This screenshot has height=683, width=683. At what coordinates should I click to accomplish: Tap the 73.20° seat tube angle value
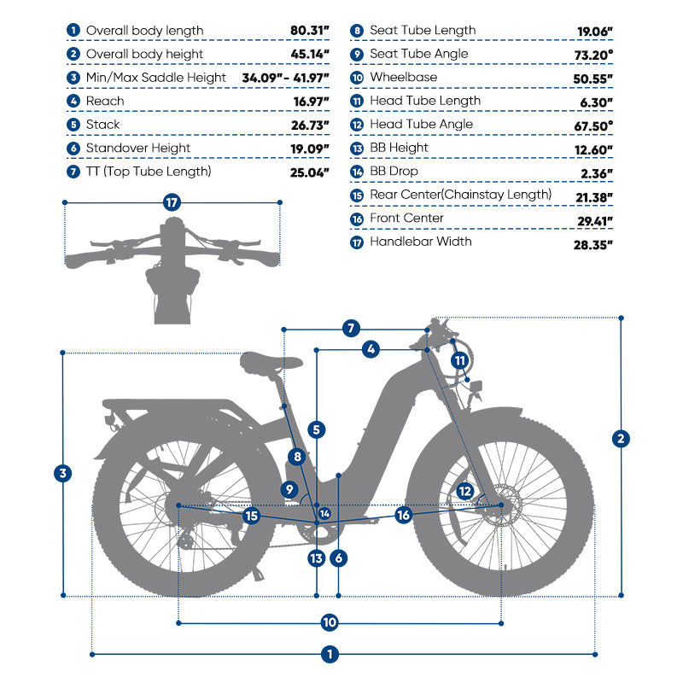[x=595, y=54]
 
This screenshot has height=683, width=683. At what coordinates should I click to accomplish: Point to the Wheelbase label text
[x=403, y=77]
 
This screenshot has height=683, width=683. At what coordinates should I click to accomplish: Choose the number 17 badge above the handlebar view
[x=173, y=202]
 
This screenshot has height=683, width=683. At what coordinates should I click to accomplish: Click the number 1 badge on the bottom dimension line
[x=330, y=655]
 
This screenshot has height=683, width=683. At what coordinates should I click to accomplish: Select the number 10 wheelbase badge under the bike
[x=330, y=622]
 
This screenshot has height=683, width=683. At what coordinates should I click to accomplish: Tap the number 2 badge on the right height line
[x=622, y=439]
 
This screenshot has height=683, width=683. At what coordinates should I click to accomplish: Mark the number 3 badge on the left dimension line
[x=62, y=473]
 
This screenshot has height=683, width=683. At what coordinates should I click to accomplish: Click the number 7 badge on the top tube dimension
[x=350, y=328]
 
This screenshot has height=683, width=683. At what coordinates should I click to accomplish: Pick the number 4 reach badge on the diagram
[x=371, y=348]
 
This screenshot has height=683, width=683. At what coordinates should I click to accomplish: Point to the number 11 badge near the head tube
[x=460, y=359]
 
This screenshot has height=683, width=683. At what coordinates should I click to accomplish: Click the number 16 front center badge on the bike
[x=404, y=515]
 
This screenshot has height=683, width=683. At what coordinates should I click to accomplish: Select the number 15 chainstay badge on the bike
[x=252, y=516]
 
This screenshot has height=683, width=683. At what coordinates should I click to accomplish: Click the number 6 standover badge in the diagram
[x=339, y=558]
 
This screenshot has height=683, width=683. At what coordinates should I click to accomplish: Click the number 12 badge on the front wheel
[x=464, y=491]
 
